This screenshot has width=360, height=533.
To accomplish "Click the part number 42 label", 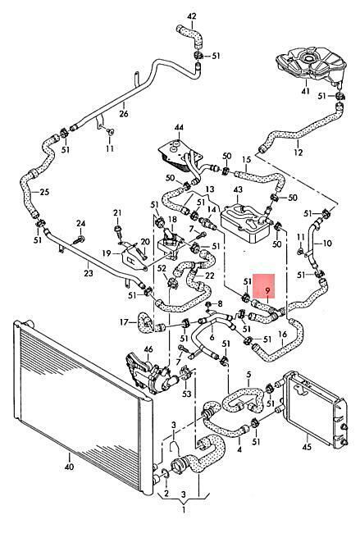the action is coord(192,16).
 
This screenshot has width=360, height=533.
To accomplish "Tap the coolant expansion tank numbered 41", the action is coord(311,66).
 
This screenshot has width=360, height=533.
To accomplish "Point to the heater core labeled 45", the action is coord(313,410).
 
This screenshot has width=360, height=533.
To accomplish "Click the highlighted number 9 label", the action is coord(267,290).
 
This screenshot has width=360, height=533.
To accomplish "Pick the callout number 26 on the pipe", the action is coord(124,113).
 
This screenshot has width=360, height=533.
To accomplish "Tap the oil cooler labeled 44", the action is coord(180,156).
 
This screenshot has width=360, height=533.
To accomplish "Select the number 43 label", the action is coord(238,189).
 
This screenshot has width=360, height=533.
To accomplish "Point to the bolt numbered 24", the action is coord(79,239).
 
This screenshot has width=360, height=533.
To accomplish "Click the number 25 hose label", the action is coord(44,192).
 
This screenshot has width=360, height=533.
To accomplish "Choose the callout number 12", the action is coord(298,152).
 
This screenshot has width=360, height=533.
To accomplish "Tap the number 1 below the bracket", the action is coord(184,510).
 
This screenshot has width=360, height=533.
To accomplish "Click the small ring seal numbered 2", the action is coord(166,474).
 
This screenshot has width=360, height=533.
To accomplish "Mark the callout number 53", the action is coord(187,394).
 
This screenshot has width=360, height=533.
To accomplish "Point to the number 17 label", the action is coord(125,321).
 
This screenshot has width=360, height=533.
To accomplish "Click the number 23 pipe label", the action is coord(89,272).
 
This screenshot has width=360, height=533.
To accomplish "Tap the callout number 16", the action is coord(282,335).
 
